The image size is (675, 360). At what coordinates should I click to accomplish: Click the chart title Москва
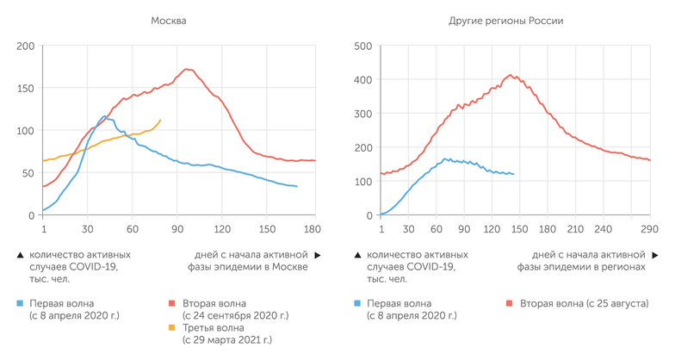tap(170, 20)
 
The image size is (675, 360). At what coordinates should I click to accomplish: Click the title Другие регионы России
tap(506, 20)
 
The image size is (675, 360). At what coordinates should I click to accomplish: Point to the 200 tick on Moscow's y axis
tap(25, 46)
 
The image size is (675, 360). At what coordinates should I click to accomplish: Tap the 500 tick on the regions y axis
tap(362, 46)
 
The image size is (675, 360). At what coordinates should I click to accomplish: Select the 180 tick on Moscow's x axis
tap(311, 229)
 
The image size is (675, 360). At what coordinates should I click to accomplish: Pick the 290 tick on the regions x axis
tap(647, 229)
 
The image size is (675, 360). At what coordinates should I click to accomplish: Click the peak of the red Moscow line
tap(187, 69)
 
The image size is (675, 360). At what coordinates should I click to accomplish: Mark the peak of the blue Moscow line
tap(104, 116)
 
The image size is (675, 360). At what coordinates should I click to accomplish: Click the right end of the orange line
tap(160, 120)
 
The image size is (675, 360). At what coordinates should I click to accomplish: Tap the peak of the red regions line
tap(511, 75)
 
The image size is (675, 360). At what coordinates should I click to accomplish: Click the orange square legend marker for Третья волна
tap(171, 328)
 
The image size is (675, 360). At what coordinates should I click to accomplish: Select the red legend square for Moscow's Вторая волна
tap(171, 304)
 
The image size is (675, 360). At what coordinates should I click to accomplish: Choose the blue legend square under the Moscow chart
tap(20, 304)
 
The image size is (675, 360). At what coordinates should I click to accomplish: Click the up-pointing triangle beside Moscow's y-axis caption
tap(20, 256)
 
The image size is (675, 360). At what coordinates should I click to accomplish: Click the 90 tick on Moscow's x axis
tap(177, 229)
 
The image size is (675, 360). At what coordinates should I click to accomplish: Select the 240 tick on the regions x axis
tap(603, 229)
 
